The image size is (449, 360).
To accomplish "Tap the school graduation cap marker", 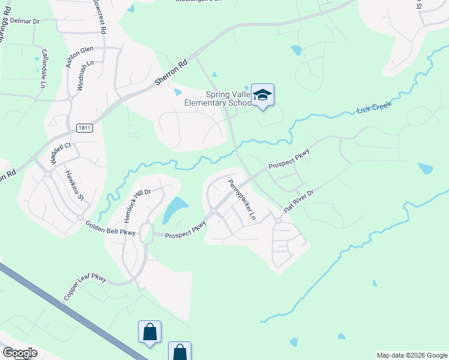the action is coord(262,95).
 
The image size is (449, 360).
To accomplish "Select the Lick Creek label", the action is coord(373,107).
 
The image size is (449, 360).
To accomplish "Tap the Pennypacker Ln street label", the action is coord(242,199).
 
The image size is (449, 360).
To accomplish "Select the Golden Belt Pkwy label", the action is coord(110,227).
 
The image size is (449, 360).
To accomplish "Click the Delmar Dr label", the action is coord(25,22).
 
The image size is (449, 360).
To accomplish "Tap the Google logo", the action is coord(19,352).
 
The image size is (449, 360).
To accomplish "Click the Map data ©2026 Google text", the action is coord(412,355).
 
